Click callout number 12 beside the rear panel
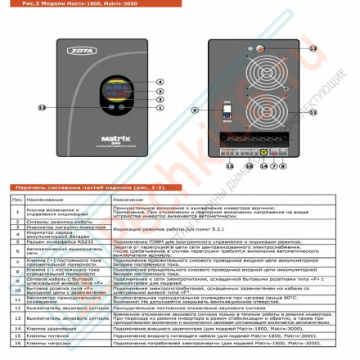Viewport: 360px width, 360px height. [x=313, y=48]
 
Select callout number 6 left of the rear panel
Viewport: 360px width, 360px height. [x=195, y=108]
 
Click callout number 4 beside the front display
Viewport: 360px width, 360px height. [x=160, y=82]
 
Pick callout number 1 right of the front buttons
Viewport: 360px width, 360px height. [x=160, y=107]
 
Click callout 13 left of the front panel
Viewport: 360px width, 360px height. [x=43, y=107]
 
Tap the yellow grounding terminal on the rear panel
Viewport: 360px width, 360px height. [x=263, y=152]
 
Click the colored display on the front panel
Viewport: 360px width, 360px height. [x=112, y=88]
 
